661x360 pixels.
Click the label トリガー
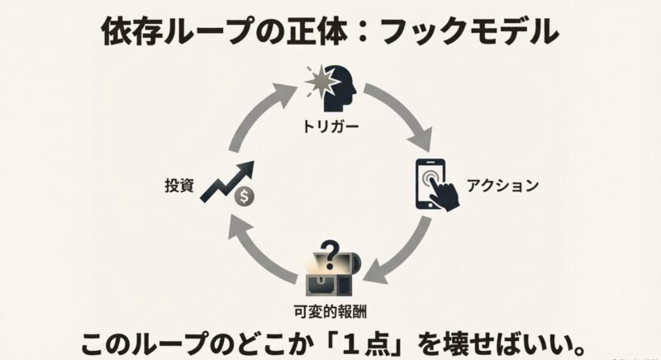tap(330, 128)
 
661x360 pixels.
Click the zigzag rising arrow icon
tap(226, 178)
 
